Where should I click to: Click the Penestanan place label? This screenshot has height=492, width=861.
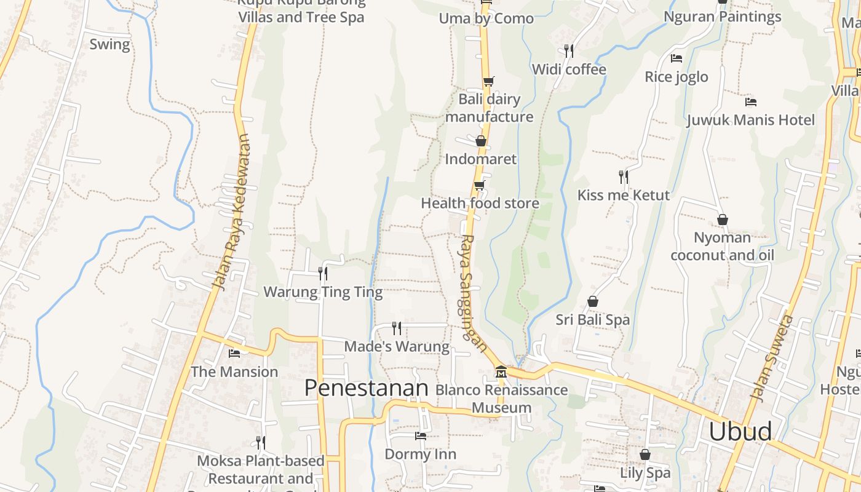(x=366, y=388)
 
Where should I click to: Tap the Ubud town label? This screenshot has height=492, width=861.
(x=740, y=431)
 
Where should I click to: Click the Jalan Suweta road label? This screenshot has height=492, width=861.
(x=773, y=358)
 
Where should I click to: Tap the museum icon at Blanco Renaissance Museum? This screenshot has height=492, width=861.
(x=501, y=372)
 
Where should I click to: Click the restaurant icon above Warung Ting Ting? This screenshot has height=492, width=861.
(x=322, y=273)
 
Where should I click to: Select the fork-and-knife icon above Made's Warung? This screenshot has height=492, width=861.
(x=397, y=328)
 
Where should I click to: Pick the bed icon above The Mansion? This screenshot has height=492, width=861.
(x=234, y=353)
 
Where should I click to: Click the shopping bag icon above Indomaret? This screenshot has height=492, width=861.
(x=481, y=141)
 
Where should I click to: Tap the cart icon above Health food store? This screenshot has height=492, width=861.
(x=479, y=185)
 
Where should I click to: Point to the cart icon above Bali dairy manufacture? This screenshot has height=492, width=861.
(x=489, y=81)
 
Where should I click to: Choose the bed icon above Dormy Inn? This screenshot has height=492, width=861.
(x=421, y=436)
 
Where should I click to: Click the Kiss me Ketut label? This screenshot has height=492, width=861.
(x=623, y=196)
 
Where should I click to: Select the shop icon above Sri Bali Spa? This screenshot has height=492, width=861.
(x=593, y=301)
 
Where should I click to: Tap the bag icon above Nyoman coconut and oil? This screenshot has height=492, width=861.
(x=723, y=220)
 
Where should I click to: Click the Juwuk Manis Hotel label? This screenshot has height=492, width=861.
(x=750, y=120)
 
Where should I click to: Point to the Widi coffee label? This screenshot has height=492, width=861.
(x=569, y=69)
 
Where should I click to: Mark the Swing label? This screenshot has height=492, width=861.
(x=109, y=44)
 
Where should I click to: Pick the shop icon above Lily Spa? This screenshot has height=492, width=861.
(x=645, y=454)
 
